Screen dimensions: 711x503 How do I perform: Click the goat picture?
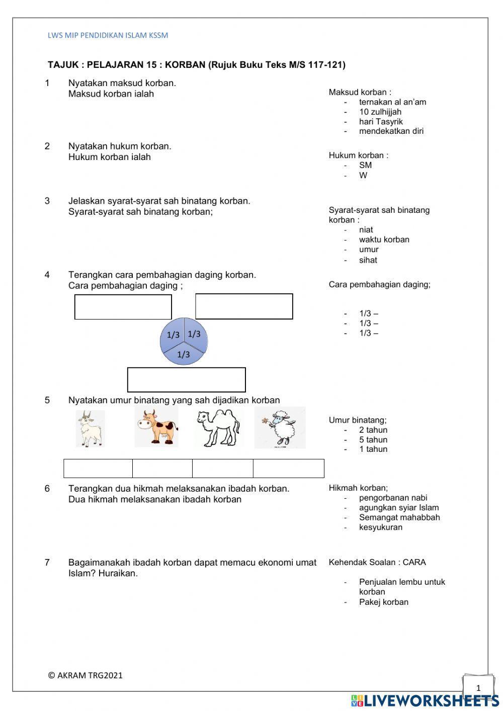(91, 429)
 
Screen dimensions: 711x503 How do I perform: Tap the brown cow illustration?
(156, 428)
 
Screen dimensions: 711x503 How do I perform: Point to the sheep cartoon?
(280, 428)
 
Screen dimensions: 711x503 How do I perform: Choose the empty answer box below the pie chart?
(187, 380)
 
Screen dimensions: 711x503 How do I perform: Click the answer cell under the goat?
(98, 468)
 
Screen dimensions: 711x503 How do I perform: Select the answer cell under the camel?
(222, 468)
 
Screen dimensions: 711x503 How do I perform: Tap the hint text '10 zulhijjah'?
(380, 112)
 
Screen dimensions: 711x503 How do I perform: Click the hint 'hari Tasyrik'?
(381, 121)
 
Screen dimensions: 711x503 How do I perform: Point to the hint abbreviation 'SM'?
(365, 165)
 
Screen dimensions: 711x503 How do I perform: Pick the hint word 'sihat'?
(368, 260)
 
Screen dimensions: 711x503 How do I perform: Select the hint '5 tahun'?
(373, 440)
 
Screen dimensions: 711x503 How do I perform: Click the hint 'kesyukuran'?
(381, 527)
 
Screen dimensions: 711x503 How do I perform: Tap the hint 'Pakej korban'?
(384, 602)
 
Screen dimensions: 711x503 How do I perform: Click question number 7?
(47, 563)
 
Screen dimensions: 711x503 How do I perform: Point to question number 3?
(47, 201)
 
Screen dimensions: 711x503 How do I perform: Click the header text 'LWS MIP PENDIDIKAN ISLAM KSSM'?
(108, 35)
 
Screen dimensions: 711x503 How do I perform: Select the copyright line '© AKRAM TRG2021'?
(86, 675)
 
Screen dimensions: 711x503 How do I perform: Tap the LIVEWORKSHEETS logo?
(425, 700)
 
